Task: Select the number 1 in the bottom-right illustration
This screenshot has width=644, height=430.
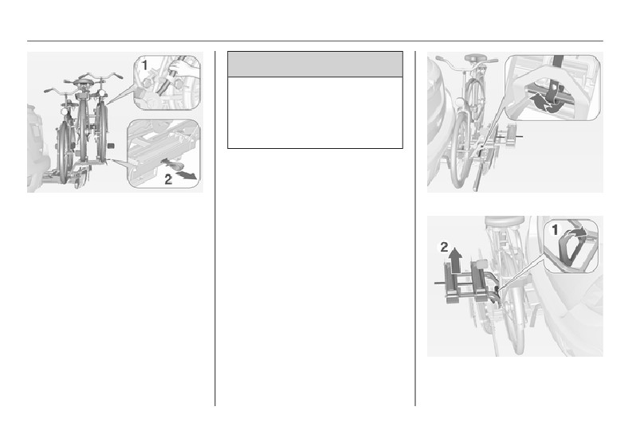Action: (556, 231)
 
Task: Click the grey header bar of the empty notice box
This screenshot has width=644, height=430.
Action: (315, 64)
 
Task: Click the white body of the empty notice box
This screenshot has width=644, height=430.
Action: (315, 112)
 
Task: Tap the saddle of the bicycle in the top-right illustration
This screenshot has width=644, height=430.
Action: (476, 58)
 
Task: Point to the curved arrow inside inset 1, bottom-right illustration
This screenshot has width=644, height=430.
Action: (577, 232)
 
